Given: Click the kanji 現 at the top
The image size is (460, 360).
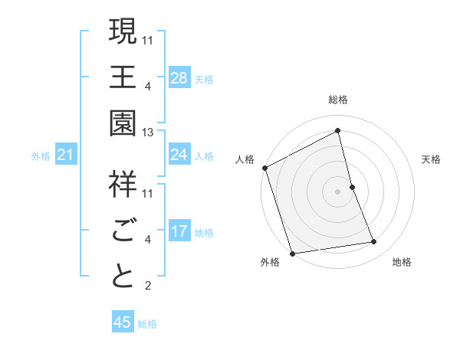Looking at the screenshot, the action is click(x=123, y=33).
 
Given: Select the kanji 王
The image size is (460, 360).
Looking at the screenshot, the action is click(x=123, y=77).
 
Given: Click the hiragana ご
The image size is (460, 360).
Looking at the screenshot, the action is click(x=123, y=229).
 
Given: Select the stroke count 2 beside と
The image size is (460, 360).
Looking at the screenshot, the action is click(x=147, y=286).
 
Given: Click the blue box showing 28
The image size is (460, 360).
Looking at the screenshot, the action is click(x=179, y=77).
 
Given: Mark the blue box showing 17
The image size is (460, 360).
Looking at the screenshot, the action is click(x=179, y=232).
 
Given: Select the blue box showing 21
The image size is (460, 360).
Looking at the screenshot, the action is click(x=66, y=155).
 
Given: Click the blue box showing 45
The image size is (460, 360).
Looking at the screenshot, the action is click(x=123, y=322).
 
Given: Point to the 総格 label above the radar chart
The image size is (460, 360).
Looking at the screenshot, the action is click(x=338, y=100).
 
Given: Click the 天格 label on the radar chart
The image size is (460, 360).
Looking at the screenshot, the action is click(x=432, y=159).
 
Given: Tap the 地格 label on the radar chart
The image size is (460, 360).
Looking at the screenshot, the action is click(x=402, y=262).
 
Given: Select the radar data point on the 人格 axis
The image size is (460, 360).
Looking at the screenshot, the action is click(x=264, y=167).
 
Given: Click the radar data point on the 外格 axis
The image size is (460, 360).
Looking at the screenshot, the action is click(x=292, y=253).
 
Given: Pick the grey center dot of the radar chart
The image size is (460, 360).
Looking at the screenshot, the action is click(x=338, y=191).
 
